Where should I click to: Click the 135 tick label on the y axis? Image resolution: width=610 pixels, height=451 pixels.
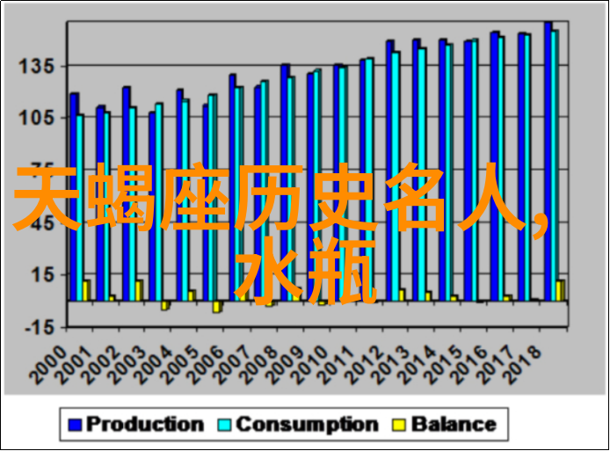(37, 66)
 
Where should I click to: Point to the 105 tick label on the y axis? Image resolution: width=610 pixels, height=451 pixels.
(37, 118)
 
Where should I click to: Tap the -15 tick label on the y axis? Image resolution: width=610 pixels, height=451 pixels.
(37, 326)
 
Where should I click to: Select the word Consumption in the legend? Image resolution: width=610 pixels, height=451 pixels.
(307, 425)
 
